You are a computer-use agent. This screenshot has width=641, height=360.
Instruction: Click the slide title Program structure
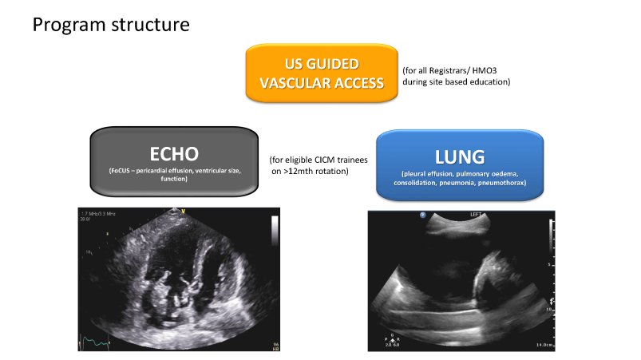pyautogui.click(x=111, y=24)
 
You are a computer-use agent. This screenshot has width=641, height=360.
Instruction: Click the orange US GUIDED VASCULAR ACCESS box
pyautogui.click(x=322, y=73)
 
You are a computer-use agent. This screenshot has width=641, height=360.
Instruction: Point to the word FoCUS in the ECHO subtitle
pyautogui.click(x=122, y=172)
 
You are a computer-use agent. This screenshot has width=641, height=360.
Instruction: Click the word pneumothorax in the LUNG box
pyautogui.click(x=501, y=182)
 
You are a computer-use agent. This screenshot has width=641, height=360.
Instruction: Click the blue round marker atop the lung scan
pyautogui.click(x=422, y=215)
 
